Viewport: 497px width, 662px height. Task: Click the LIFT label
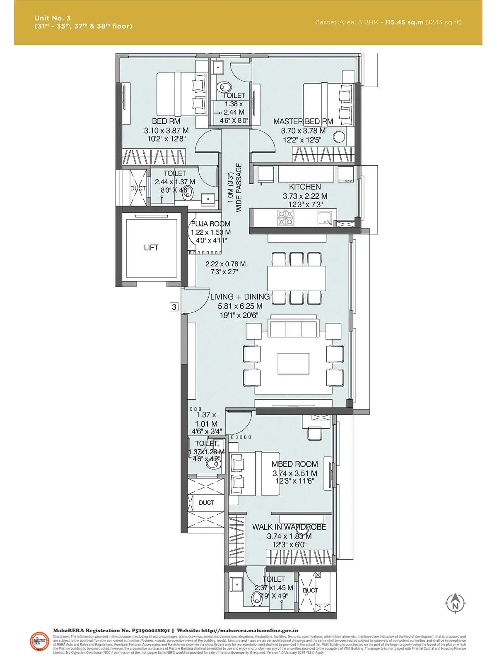click(x=151, y=248)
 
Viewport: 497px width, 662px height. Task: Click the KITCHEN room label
click(x=305, y=187)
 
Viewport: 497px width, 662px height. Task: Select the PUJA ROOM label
click(x=210, y=224)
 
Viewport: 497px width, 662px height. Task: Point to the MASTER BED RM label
click(x=303, y=122)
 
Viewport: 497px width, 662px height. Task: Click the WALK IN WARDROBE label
click(x=289, y=527)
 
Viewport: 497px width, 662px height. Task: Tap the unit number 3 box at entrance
click(x=174, y=307)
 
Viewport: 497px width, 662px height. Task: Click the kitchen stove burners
click(x=285, y=218)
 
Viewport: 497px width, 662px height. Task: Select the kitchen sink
click(x=324, y=218)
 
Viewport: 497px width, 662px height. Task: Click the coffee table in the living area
click(x=294, y=363)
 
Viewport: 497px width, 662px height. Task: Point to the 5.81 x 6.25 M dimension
click(x=240, y=306)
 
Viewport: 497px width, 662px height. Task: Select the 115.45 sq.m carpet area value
click(x=404, y=22)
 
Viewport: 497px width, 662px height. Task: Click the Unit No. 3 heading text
click(x=53, y=18)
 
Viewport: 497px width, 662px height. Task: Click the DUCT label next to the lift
click(x=138, y=188)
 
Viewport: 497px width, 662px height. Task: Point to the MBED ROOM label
click(x=294, y=464)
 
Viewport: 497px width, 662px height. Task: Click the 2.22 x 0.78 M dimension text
click(x=225, y=264)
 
